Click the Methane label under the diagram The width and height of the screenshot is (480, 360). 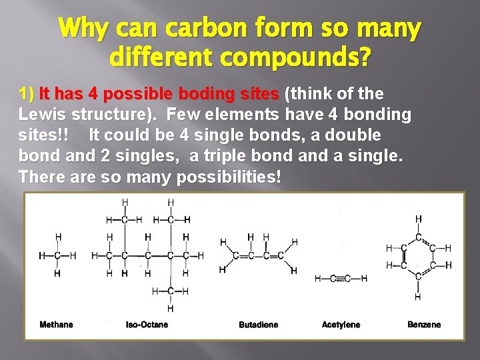57,325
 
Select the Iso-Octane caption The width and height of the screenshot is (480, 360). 147,325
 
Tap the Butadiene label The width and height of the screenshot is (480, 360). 259,325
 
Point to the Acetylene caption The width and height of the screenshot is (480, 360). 341,325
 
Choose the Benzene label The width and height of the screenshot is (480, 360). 424,325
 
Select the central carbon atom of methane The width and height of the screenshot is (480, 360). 58,255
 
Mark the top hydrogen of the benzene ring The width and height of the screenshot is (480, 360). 419,219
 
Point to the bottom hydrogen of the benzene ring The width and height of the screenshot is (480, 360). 418,296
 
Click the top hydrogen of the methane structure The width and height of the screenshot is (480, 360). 58,237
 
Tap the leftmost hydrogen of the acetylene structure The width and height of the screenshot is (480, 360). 317,279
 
